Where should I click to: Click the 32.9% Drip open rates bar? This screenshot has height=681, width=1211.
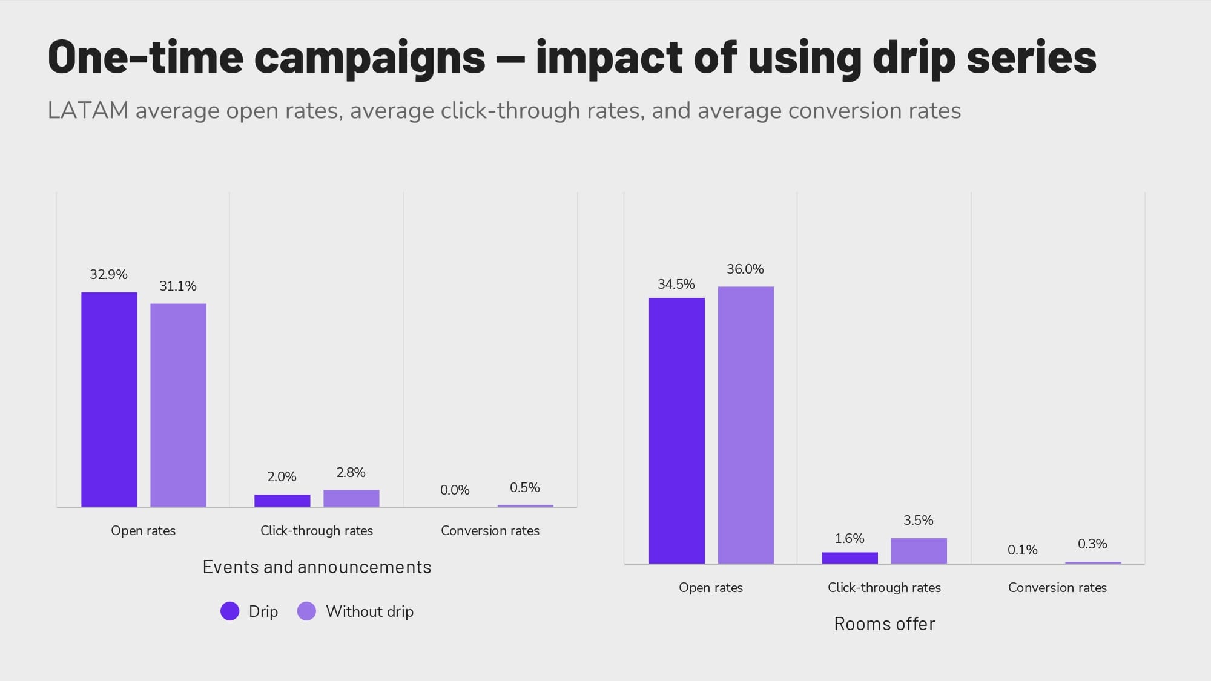[x=109, y=400]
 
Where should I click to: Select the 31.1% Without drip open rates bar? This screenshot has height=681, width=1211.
[x=178, y=405]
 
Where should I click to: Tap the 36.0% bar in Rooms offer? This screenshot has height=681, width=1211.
[x=745, y=425]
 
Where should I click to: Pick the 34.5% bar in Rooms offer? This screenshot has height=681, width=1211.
[x=676, y=430]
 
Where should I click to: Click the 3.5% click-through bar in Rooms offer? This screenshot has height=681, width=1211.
[x=919, y=551]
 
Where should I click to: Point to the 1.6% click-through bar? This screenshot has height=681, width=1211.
[x=850, y=558]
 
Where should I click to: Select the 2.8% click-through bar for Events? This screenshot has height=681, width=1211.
[x=351, y=498]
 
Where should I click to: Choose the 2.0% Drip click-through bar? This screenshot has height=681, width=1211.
[x=282, y=501]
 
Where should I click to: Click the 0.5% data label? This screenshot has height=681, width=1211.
[x=524, y=488]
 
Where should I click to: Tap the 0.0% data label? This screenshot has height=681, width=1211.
[x=455, y=490]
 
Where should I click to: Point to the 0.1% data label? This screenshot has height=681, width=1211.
[x=1022, y=550]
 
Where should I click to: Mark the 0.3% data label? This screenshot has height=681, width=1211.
[x=1092, y=544]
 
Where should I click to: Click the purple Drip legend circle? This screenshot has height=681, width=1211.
[x=230, y=611]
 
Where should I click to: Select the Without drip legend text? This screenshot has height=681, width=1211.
[x=369, y=611]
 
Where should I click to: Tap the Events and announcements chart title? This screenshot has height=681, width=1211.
[x=317, y=567]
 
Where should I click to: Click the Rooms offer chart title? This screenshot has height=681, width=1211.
[x=884, y=624]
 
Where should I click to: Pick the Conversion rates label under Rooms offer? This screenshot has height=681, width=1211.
[x=1057, y=588]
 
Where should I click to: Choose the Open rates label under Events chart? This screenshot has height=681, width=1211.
[x=143, y=531]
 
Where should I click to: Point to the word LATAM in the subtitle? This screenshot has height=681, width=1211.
[x=88, y=111]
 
